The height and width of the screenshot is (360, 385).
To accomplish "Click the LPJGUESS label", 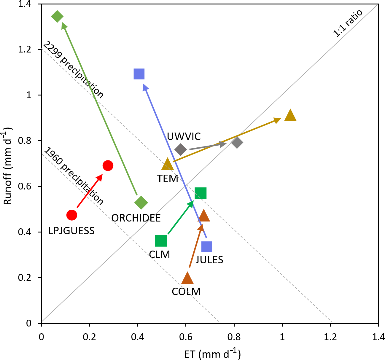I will click(71, 231).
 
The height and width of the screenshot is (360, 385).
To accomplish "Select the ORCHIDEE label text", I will click(136, 218).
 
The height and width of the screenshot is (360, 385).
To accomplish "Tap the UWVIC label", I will click(184, 136).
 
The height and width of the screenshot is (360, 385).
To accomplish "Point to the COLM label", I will click(186, 291).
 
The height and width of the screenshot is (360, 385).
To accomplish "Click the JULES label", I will click(209, 260).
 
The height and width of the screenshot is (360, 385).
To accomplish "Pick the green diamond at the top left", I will click(57, 16).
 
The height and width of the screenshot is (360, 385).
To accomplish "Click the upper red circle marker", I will click(108, 165).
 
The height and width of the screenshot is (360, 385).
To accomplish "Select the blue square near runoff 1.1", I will click(139, 74).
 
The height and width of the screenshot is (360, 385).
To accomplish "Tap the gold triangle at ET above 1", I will click(290, 116).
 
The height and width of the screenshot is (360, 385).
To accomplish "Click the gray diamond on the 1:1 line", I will click(237, 143).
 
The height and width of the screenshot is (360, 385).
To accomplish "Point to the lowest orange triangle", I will click(187, 278).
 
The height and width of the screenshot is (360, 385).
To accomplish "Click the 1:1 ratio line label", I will click(348, 23).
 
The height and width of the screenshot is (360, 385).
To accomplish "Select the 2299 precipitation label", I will click(73, 70).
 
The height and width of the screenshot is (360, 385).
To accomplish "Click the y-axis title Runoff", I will click(8, 166).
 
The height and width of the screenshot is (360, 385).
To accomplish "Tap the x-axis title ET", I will click(212, 354).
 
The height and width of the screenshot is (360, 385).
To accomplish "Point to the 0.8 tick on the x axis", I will click(234, 337).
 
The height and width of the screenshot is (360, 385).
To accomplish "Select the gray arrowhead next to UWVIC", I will click(223, 144).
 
